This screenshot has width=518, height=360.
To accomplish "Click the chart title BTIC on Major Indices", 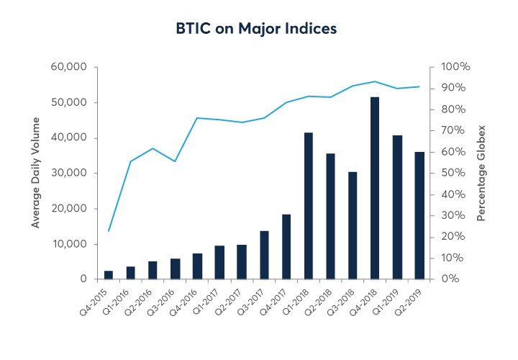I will coord(257,29).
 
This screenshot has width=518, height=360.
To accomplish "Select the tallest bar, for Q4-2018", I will coord(375,188).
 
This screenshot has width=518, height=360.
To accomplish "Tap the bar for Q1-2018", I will coord(308,206).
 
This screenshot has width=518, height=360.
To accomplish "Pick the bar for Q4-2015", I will coord(108,275).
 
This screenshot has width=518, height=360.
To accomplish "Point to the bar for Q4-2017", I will coord(286,247).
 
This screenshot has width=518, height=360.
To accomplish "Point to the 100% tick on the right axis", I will coord(455,67).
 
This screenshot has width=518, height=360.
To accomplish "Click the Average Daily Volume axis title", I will coord(35,173).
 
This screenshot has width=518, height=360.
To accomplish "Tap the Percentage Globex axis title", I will coord(483,173).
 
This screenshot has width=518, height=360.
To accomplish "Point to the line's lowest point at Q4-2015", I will coord(108,231).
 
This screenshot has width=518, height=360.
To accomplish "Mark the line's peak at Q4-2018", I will coord(375,81).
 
